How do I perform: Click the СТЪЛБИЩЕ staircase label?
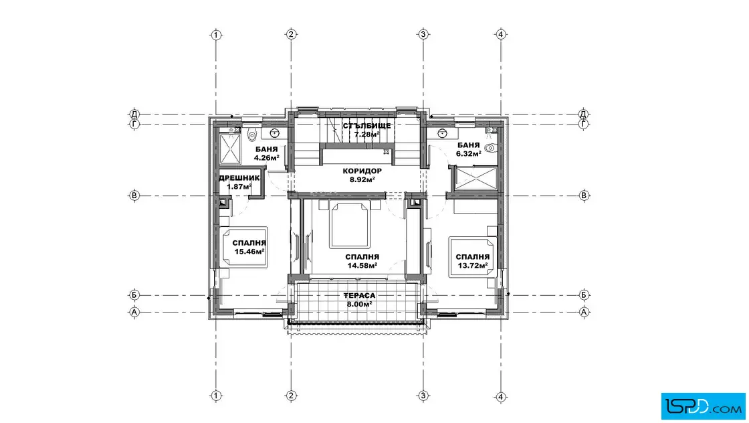(x=367, y=126)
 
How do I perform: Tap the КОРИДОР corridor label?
(x=362, y=171)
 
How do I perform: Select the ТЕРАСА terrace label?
(x=359, y=296)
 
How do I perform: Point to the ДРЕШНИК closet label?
(x=239, y=178)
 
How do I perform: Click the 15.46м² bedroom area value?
(x=249, y=252)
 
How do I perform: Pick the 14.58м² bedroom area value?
(x=362, y=265)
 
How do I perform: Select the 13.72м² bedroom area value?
(x=472, y=265)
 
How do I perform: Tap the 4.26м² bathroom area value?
(x=267, y=157)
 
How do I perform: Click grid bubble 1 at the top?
(x=217, y=35)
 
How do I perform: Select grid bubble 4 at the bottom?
(x=501, y=396)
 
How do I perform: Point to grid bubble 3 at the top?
(x=423, y=34)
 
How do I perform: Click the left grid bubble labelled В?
(x=134, y=195)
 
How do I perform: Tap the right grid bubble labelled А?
(x=584, y=312)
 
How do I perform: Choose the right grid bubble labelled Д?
(x=583, y=114)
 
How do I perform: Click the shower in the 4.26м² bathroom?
(x=230, y=149)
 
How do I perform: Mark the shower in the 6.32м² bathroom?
(x=475, y=178)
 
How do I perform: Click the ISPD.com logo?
(x=703, y=406)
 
